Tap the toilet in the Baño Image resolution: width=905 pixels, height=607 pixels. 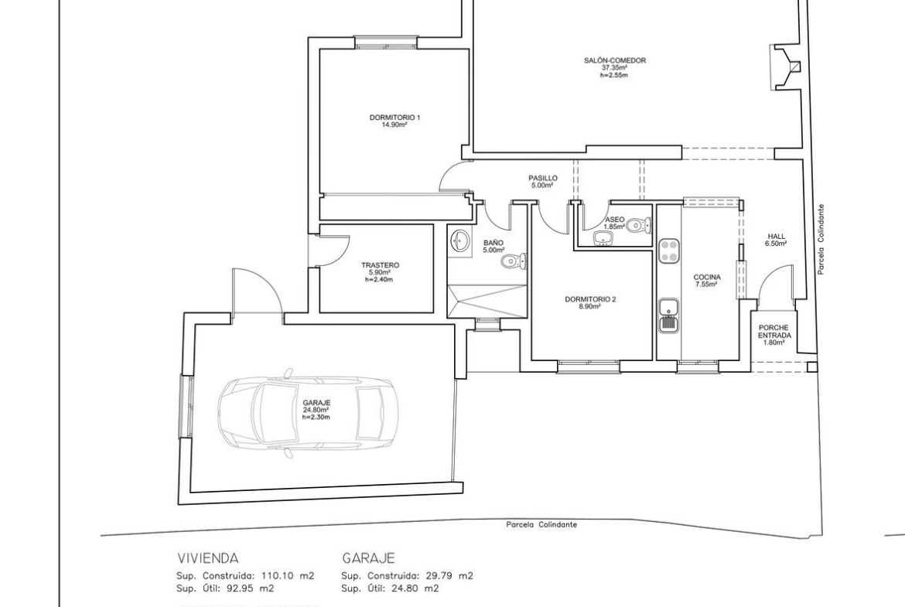[514, 261]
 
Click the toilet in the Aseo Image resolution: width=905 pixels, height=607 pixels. [640, 224]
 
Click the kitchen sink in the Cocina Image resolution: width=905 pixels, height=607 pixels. [669, 315]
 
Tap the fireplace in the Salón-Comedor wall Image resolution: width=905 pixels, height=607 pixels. [784, 67]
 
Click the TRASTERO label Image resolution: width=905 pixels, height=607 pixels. [380, 265]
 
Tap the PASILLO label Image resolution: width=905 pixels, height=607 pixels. [542, 179]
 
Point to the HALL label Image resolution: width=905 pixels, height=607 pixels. [777, 236]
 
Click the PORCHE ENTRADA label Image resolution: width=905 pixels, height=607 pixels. [774, 331]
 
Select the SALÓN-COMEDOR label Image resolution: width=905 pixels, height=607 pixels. [615, 60]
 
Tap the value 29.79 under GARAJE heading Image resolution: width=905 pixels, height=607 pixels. [442, 576]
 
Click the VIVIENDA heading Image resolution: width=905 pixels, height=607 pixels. [208, 558]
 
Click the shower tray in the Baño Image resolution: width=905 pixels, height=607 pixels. [487, 300]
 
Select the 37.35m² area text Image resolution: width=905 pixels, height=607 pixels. [615, 67]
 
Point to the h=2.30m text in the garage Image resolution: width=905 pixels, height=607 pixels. [317, 418]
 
